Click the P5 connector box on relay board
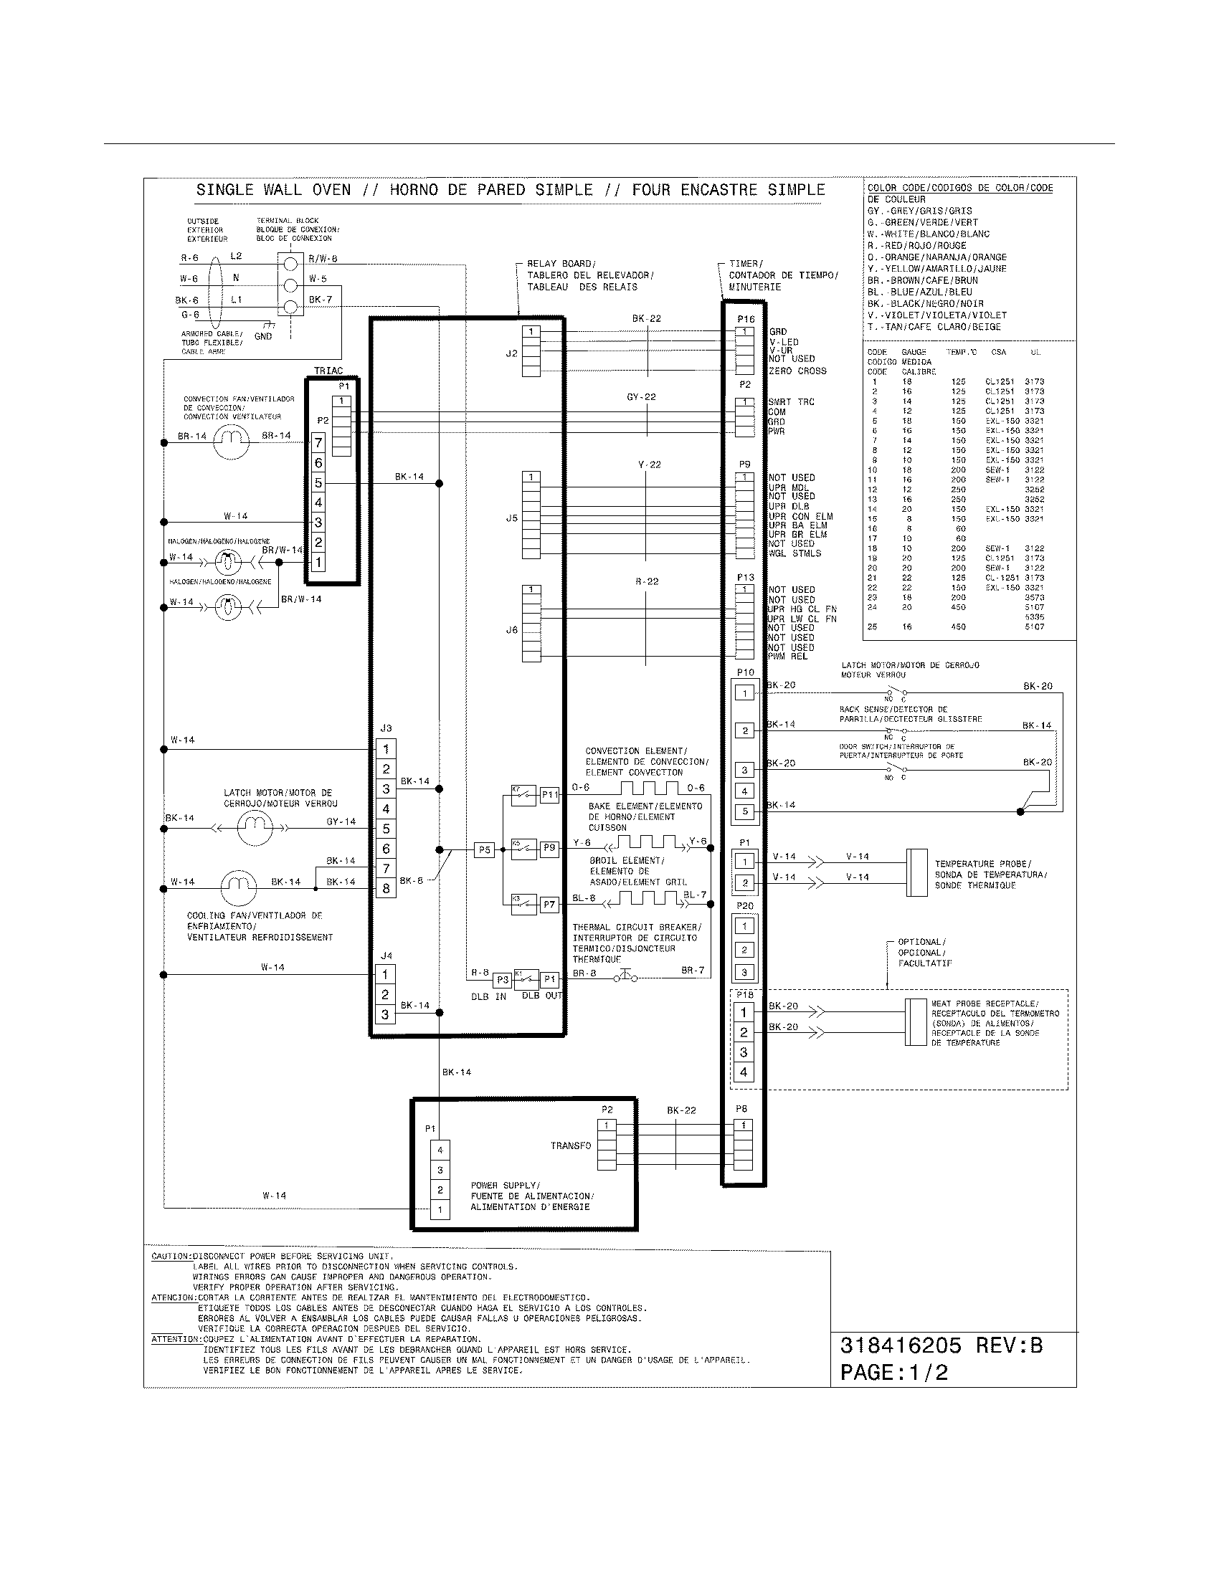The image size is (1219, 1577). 484,850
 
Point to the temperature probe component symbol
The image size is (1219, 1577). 916,872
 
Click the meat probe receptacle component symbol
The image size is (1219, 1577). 916,1021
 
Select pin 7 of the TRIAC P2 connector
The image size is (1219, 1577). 318,442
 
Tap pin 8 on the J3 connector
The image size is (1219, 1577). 386,888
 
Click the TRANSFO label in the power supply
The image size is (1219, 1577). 571,1145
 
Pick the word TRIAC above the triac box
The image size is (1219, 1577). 328,371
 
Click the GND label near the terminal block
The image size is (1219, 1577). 263,336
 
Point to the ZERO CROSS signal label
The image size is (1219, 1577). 798,371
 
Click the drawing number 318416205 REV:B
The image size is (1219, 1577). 941,1345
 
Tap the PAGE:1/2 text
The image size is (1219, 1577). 894,1372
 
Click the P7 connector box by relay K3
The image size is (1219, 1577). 549,904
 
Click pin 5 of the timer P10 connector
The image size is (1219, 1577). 745,811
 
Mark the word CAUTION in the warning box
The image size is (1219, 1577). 171,1256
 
